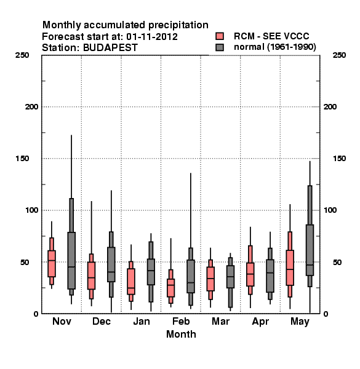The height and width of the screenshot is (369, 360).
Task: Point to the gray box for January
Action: tap(151, 272)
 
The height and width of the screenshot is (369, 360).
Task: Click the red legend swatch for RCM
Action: tap(220, 36)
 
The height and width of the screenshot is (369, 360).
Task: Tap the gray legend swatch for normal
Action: tap(220, 47)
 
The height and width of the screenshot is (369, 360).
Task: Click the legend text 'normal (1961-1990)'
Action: tap(274, 47)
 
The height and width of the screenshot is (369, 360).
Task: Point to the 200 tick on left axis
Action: tap(31, 107)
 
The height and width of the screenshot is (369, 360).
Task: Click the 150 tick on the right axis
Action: tap(339, 159)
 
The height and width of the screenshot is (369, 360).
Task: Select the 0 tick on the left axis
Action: tap(36, 314)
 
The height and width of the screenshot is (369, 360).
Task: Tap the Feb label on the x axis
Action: tap(181, 321)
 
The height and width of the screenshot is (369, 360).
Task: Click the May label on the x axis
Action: tap(300, 322)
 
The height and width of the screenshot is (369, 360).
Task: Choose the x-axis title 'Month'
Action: tap(181, 334)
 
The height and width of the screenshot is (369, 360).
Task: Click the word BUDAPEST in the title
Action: tap(110, 48)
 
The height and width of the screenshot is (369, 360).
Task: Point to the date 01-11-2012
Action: tap(152, 37)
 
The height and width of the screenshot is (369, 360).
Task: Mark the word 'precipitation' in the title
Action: tap(178, 25)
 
